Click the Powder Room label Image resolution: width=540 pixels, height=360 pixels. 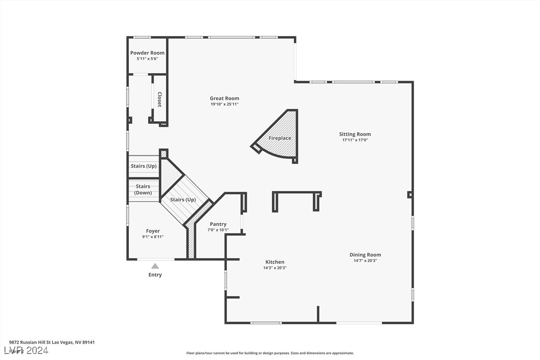(147, 53)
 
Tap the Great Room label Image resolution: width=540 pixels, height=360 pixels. (224, 98)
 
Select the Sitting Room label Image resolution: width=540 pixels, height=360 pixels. (355, 134)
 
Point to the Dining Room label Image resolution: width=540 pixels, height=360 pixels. (365, 255)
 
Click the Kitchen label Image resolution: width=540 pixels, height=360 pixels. (275, 262)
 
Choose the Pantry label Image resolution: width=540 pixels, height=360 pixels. (218, 224)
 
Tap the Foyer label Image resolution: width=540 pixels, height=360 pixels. (153, 231)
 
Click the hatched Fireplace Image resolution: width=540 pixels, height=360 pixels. (280, 138)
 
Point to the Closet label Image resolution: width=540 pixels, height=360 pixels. (160, 99)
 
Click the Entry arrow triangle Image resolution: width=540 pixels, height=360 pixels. (155, 266)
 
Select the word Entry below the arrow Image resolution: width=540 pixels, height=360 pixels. (155, 275)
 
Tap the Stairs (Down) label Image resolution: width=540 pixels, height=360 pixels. (143, 189)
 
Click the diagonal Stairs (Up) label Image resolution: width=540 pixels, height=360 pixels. (183, 200)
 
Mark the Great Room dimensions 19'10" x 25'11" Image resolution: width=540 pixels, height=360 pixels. (224, 104)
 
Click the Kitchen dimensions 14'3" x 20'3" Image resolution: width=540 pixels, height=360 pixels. (275, 268)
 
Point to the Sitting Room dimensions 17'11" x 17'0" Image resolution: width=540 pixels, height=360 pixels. (355, 140)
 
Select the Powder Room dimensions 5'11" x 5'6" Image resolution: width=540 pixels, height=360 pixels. (147, 59)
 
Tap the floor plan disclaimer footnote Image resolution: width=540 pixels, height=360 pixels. (270, 353)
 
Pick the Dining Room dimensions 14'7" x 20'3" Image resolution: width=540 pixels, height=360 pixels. (365, 261)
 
